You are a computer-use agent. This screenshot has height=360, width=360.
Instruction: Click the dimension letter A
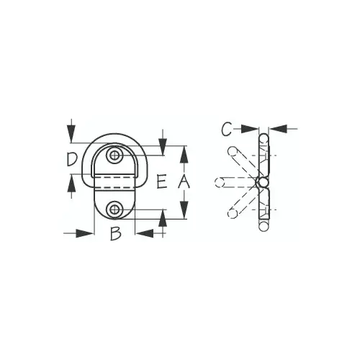tap(184, 181)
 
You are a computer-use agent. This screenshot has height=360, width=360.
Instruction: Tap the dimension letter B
tap(115, 233)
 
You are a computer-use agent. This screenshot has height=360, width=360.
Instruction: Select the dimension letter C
tap(227, 129)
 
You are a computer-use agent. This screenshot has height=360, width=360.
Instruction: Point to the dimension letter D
tap(72, 159)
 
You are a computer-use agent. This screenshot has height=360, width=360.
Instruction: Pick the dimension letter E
tap(161, 181)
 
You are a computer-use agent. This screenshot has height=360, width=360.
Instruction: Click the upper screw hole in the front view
tap(114, 156)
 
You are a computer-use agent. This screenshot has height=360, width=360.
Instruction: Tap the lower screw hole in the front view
tap(114, 210)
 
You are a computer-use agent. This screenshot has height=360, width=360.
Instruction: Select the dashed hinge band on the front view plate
tap(114, 182)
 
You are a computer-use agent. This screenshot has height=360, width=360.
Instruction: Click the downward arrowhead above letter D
tap(71, 134)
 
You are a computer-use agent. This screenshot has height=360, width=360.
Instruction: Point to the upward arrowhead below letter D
tap(71, 183)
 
